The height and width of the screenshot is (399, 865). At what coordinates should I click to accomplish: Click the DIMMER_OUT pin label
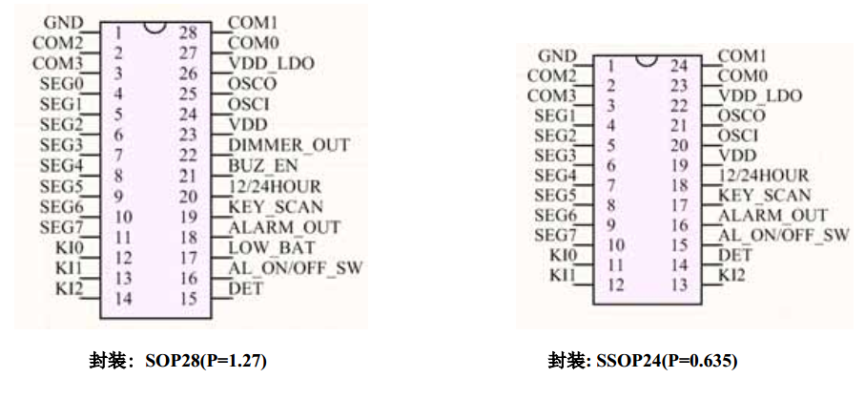point(289,145)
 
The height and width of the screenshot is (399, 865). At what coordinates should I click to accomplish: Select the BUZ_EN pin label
point(260,165)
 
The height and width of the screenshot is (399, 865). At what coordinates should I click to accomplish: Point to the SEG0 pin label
point(60,83)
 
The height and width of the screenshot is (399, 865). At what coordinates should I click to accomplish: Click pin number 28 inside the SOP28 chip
point(188,31)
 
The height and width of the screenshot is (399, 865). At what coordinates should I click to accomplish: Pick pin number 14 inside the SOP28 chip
point(122,298)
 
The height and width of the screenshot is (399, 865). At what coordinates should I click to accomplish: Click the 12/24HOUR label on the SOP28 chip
point(275,186)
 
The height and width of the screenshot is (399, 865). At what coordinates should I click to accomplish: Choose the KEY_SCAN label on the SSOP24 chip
point(764,195)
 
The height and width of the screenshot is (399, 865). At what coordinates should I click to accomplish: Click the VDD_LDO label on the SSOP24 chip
point(760,95)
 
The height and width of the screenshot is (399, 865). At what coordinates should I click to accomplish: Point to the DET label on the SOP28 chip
point(245,287)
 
